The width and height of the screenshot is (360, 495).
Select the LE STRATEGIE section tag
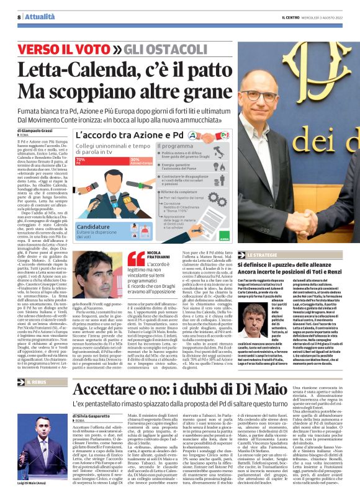click(261, 254)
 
